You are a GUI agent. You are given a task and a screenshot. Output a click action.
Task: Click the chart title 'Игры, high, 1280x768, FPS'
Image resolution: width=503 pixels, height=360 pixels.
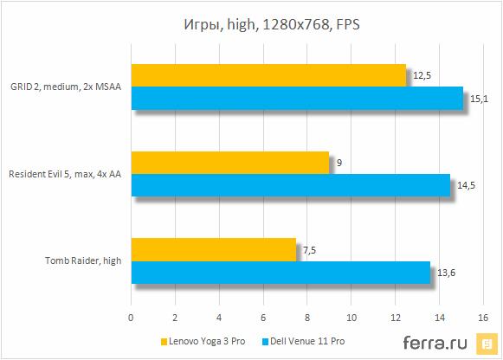(251, 23)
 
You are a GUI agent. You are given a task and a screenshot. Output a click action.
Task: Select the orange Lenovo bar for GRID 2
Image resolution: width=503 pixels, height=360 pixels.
(268, 75)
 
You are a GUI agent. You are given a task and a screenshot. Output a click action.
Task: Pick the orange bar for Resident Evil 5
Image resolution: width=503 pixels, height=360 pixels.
(230, 162)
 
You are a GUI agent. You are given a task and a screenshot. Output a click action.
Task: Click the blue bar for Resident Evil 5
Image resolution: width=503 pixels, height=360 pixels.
(290, 184)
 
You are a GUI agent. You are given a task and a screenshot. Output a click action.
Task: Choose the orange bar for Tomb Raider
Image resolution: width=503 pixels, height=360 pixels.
(214, 249)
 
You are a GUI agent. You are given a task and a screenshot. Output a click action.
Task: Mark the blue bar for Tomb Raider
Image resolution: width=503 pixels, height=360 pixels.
(281, 272)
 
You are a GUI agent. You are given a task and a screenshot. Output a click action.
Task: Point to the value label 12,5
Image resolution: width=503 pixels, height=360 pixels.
(422, 75)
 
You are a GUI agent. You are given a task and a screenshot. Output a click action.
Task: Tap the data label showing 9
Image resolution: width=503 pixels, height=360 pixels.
(340, 162)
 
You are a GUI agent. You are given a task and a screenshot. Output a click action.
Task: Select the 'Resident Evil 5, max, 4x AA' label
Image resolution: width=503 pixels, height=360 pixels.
(64, 173)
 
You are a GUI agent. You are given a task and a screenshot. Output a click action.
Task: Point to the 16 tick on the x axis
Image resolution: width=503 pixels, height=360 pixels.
(482, 316)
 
